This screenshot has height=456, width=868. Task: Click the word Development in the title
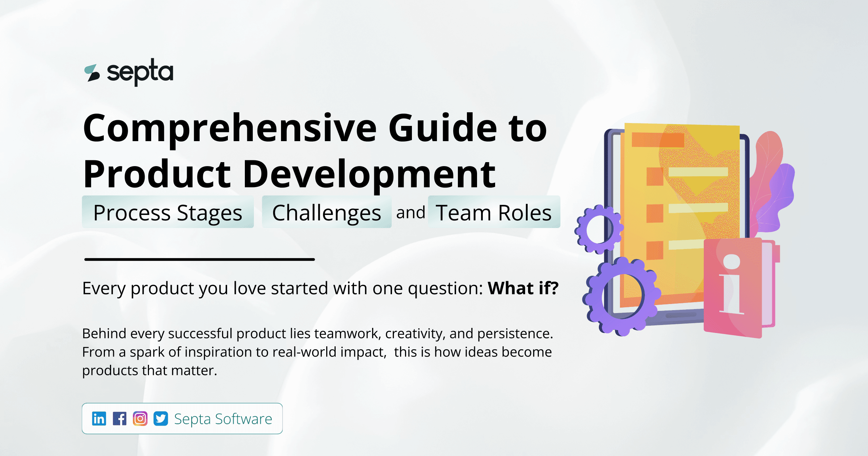369,174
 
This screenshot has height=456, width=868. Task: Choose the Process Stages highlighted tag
168,212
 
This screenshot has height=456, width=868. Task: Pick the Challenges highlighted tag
327,212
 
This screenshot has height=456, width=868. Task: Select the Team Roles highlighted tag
494,212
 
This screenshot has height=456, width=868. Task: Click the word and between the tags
410,212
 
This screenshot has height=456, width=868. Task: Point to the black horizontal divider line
199,259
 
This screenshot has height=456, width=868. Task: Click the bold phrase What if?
523,288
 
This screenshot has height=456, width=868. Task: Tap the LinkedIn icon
99,419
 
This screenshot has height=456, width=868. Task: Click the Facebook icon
119,419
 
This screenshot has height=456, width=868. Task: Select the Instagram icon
140,419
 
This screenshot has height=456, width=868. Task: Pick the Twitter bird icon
161,419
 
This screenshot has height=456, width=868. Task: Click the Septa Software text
223,419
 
